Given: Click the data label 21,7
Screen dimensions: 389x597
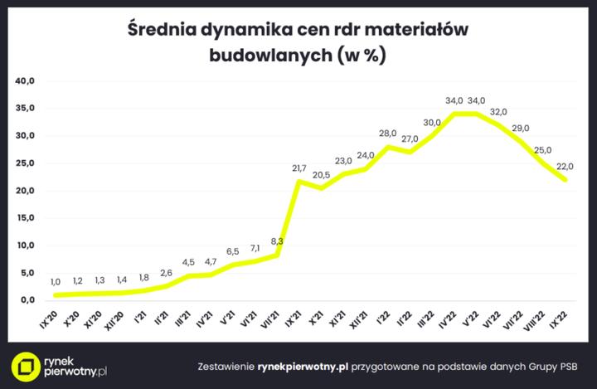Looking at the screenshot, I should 299,168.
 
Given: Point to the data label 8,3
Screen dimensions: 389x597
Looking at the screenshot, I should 277,241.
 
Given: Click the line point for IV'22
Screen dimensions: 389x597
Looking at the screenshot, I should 454,114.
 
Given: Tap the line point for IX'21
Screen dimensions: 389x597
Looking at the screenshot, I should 298,181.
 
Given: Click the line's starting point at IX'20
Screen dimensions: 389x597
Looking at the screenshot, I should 56,294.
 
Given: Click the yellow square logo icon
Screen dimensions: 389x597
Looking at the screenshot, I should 30,366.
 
